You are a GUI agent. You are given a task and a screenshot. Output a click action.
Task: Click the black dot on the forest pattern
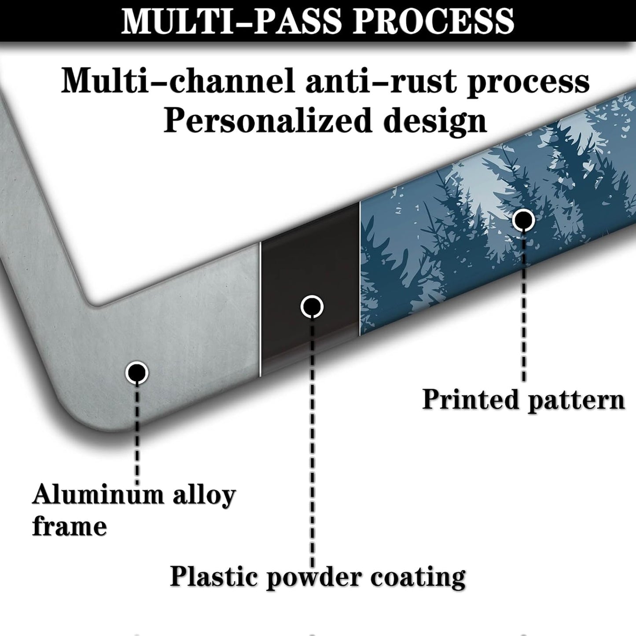click(x=523, y=220)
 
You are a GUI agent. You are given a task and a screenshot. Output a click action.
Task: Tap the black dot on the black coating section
click(x=312, y=306)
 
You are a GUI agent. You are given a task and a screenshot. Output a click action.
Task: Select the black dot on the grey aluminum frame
click(x=136, y=373)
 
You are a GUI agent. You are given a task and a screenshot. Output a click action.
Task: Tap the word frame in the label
click(x=70, y=526)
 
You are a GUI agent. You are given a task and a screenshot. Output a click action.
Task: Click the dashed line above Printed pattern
click(x=523, y=308)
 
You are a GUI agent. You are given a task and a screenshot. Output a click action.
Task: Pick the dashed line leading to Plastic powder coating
click(x=312, y=440)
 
